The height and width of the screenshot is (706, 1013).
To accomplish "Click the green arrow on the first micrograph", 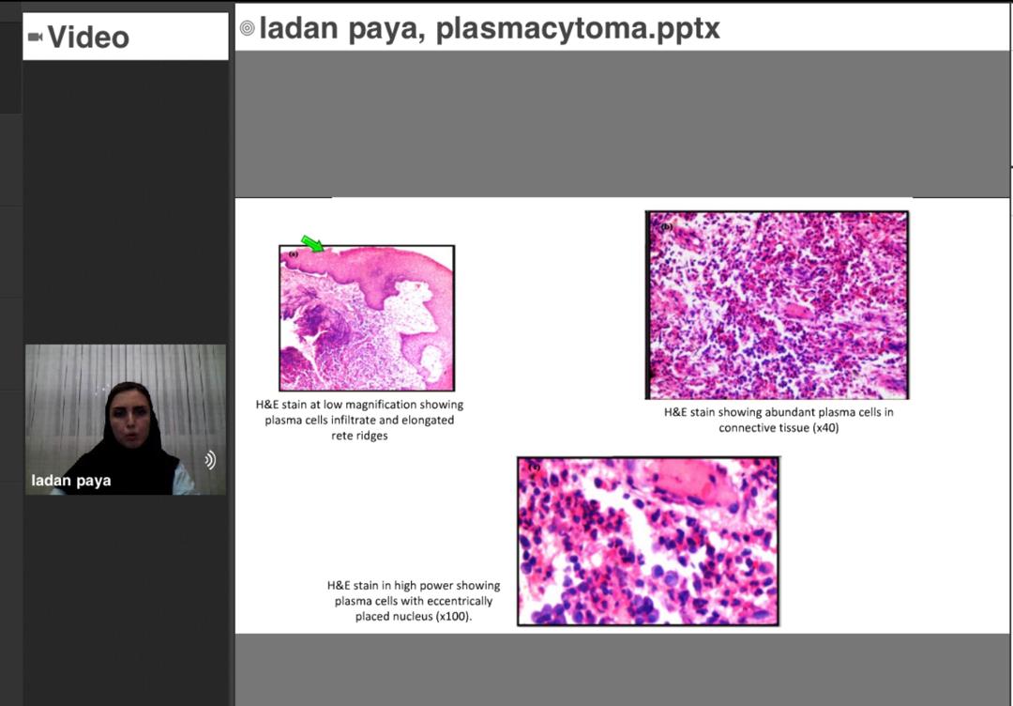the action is [312, 244].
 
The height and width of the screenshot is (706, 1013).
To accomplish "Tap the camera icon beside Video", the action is [35, 37].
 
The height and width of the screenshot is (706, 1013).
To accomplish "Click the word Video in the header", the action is [88, 37].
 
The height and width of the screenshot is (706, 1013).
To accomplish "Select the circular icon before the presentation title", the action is [247, 28].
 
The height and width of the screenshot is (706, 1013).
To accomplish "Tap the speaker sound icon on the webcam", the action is [210, 460].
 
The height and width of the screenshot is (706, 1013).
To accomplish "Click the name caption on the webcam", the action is [71, 481].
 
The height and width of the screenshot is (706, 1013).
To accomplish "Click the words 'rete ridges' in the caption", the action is [359, 435].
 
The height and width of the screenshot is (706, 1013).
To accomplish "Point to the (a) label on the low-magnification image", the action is [294, 254].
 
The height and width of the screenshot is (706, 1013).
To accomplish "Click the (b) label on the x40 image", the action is [666, 227].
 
